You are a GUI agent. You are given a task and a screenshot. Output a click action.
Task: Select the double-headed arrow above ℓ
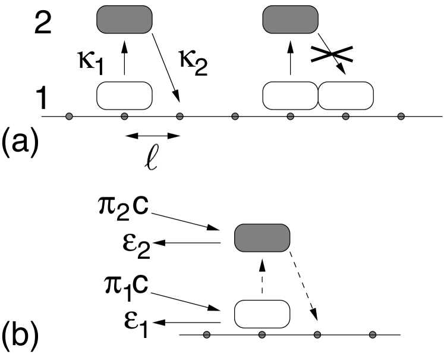click(152, 136)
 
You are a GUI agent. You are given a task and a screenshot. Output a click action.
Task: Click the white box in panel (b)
click(262, 314)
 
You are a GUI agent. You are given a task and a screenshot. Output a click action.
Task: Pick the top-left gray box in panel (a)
click(124, 20)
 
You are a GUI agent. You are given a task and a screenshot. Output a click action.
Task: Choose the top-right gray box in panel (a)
click(291, 20)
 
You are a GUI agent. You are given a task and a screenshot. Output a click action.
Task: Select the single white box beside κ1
click(124, 95)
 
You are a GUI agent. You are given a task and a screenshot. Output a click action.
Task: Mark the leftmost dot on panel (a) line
click(69, 115)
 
